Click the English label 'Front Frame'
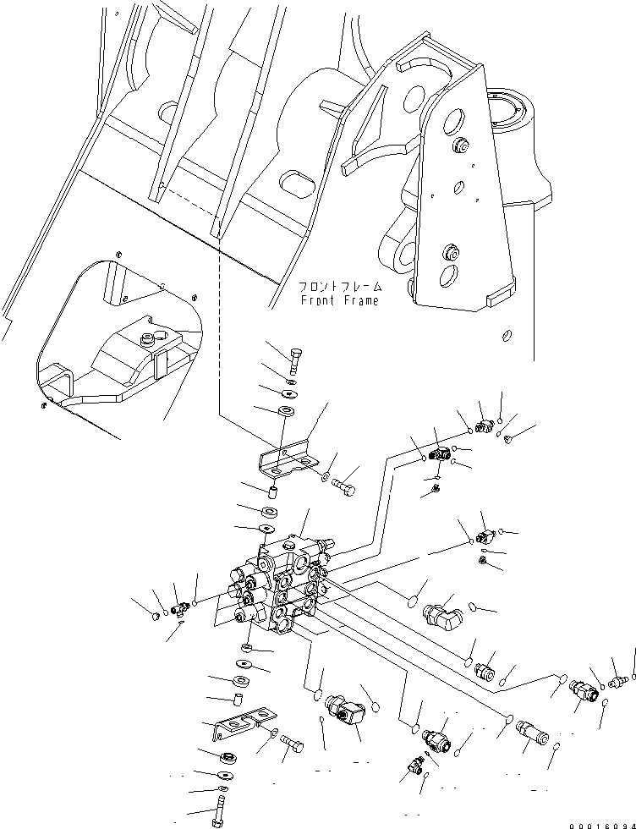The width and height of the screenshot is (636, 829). click(x=339, y=300)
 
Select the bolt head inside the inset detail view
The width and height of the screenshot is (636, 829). click(x=150, y=341)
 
